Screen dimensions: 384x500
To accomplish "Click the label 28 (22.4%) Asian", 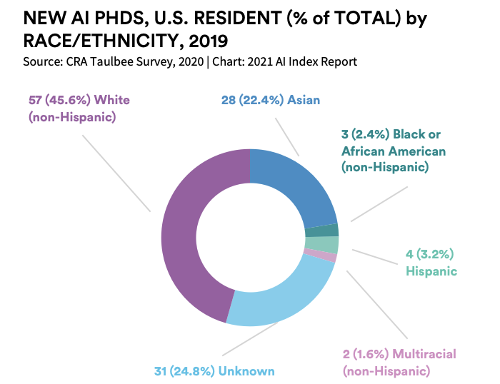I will point(270,101).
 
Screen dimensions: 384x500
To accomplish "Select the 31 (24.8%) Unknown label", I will point(214,371).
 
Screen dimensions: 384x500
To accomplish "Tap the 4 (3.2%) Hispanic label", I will point(431,262).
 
